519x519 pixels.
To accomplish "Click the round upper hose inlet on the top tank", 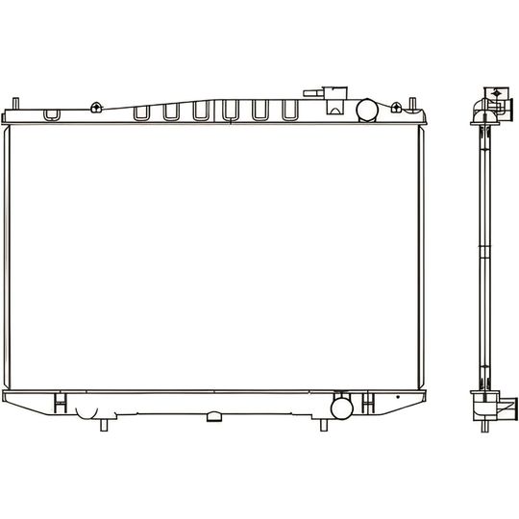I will (368, 110).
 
